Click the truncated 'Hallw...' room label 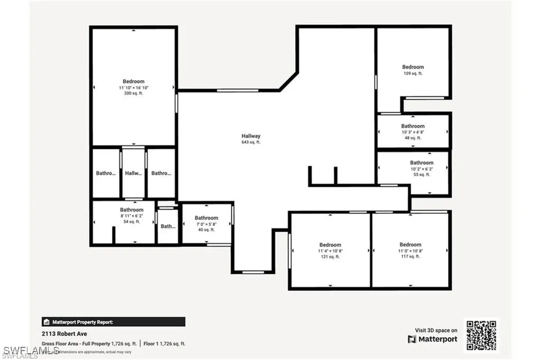tap(134, 173)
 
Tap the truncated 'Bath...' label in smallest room tap(168, 226)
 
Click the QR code tap(481, 335)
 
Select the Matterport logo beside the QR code tap(433, 339)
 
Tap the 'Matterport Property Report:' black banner tap(114, 321)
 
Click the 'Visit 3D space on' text tap(436, 330)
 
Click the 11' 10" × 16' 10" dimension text tap(133, 88)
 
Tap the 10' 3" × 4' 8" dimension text tap(413, 132)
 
